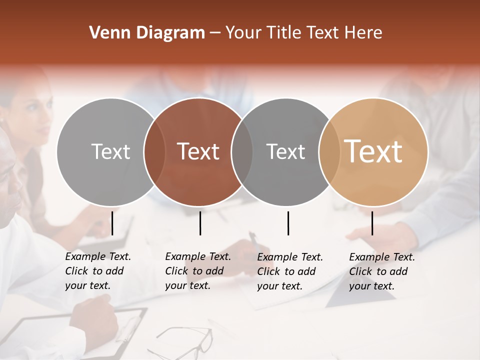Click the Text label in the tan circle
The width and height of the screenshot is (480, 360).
click(x=373, y=151)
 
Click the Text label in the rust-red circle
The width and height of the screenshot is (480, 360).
click(x=198, y=151)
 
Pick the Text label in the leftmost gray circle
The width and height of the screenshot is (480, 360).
click(x=110, y=151)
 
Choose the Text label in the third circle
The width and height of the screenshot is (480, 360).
click(x=285, y=151)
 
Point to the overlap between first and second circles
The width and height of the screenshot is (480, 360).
click(x=154, y=151)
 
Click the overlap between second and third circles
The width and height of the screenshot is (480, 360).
click(x=242, y=151)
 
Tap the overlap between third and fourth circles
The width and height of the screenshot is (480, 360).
click(x=329, y=151)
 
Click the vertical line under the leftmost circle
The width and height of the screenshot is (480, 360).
click(x=112, y=223)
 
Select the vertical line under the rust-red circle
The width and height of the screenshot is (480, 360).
click(x=200, y=223)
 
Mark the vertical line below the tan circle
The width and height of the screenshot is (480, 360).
click(x=372, y=223)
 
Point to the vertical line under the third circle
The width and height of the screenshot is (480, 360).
click(x=288, y=223)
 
